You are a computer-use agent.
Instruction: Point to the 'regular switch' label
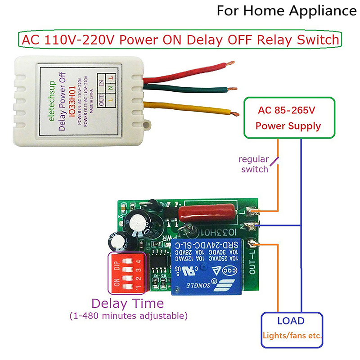pyautogui.click(x=254, y=164)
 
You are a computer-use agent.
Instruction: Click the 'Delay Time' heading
pyautogui.click(x=128, y=303)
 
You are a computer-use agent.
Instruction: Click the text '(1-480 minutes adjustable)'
pyautogui.click(x=128, y=316)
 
